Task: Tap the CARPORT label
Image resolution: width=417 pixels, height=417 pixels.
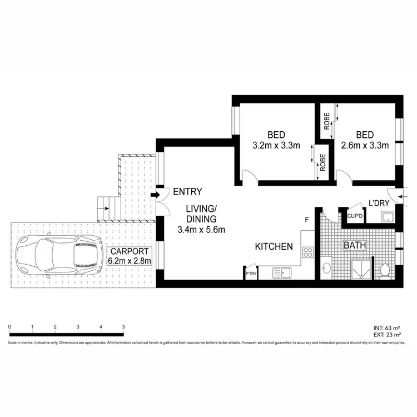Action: [x=128, y=250]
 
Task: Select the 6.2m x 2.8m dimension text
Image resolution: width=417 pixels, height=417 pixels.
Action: [x=128, y=261]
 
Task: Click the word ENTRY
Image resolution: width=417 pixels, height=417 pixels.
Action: [x=187, y=192]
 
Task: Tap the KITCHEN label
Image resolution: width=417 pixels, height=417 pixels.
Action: [x=274, y=246]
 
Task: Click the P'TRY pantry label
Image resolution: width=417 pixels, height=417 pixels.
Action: [x=250, y=273]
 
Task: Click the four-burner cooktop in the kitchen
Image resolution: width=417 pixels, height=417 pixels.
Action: [x=307, y=252]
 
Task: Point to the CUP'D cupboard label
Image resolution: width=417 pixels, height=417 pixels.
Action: [x=355, y=216]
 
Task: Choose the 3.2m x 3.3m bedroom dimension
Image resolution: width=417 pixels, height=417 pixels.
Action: [x=276, y=146]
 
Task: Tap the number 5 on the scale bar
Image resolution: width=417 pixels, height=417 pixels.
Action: [x=123, y=326]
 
